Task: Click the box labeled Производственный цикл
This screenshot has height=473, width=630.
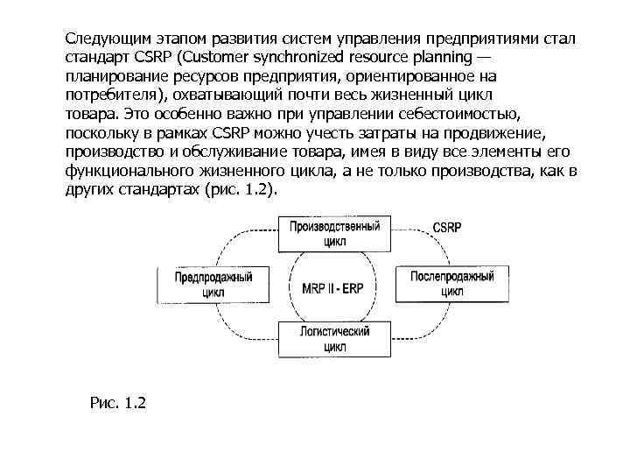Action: (x=334, y=233)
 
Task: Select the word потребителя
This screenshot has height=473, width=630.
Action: (x=113, y=95)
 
